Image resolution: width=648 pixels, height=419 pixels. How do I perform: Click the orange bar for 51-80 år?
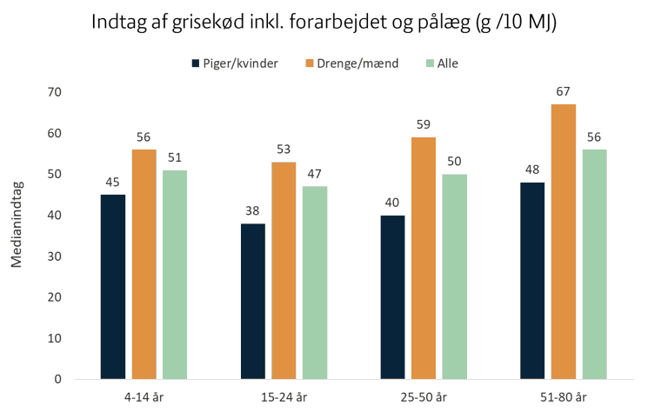pos(564,242)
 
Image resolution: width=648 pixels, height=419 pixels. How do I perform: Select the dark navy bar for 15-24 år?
pos(253,302)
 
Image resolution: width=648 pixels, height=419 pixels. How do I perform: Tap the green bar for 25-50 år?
pos(455,276)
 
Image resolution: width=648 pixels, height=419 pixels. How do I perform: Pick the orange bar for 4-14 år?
pos(144,264)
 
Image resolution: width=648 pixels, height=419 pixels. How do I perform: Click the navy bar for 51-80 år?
pos(532,281)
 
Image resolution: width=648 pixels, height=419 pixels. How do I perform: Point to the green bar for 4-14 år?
pos(175,275)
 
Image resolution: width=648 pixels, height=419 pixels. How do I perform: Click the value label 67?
pos(563,91)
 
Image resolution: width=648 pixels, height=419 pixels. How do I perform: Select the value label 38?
pos(252,210)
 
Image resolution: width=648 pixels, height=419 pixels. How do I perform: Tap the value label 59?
pos(424,124)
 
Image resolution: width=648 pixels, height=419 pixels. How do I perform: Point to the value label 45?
pos(112,183)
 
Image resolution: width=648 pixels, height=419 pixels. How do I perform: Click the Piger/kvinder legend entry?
pos(235,63)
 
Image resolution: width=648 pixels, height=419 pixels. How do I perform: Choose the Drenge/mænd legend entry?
pos(352,63)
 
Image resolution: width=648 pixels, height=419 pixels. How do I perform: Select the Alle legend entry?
pos(442,63)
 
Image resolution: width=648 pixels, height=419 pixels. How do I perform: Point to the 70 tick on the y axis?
pos(54,92)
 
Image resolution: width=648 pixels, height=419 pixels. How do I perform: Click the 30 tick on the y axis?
pos(54,256)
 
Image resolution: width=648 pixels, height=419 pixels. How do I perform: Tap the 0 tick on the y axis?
pos(58,379)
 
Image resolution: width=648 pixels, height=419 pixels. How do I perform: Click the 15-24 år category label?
pos(284,397)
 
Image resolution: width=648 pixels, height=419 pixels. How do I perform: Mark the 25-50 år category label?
pos(424,397)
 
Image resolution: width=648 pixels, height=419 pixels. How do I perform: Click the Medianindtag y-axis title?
pos(17,224)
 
